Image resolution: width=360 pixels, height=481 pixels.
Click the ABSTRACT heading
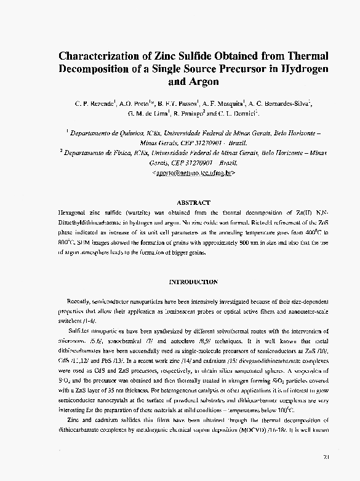193,202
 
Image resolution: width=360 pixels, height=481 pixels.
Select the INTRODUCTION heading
193,282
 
